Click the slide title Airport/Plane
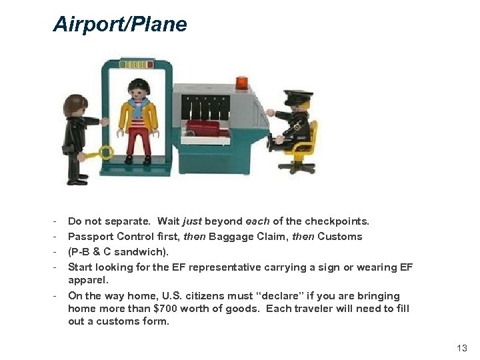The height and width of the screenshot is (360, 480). tap(120, 25)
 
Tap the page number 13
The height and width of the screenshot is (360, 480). tap(462, 348)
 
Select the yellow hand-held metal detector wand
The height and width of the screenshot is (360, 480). tap(97, 154)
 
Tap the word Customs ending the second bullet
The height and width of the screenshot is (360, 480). tap(340, 237)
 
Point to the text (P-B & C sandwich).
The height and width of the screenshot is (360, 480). tap(119, 252)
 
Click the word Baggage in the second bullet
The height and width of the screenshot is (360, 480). tap(231, 237)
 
